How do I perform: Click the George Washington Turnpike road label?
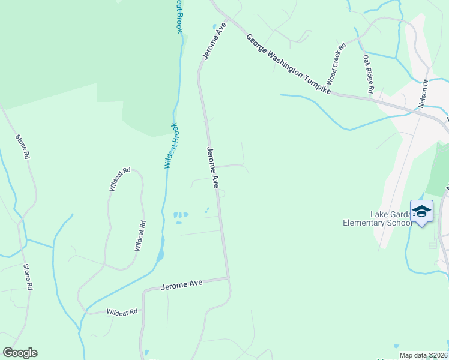pos(288,64)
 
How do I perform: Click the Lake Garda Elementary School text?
pos(376,218)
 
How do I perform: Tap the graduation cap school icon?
pos(421,211)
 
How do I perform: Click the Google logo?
pos(20,353)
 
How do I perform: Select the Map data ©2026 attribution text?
pos(423,355)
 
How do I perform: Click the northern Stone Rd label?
pos(23,146)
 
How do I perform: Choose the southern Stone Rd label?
pos(27,277)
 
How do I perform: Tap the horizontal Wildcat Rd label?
pos(122,312)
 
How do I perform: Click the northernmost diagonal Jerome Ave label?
pos(214,41)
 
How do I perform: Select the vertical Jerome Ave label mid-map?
pos(212,168)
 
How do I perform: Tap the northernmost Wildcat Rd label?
pos(119,179)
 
